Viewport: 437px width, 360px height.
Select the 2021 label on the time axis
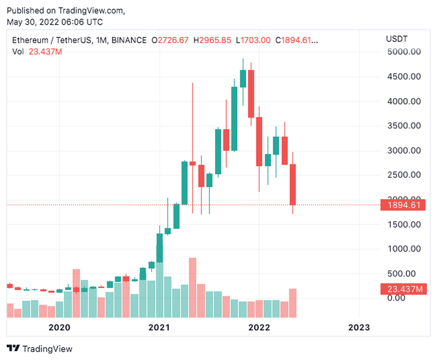159,327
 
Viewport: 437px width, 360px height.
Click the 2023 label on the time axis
358,327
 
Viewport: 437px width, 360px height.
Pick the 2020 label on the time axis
59,327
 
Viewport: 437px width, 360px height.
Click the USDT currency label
396,40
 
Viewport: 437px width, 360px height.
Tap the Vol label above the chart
19,51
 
